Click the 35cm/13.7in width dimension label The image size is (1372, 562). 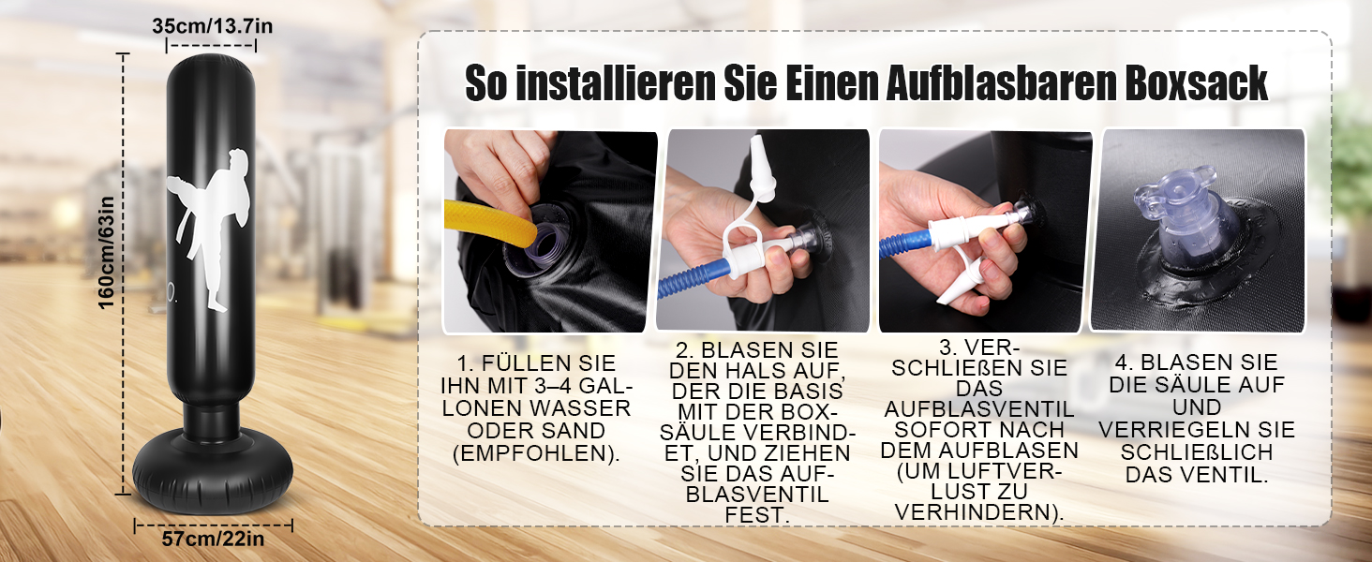[x=212, y=25]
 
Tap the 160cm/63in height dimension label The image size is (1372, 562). [x=106, y=252]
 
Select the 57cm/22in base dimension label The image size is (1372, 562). [x=213, y=539]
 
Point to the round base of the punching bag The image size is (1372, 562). [x=213, y=470]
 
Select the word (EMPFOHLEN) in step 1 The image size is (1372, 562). [x=536, y=453]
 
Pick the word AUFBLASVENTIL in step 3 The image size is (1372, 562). [x=978, y=409]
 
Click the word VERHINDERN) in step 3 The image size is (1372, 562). [x=978, y=512]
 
